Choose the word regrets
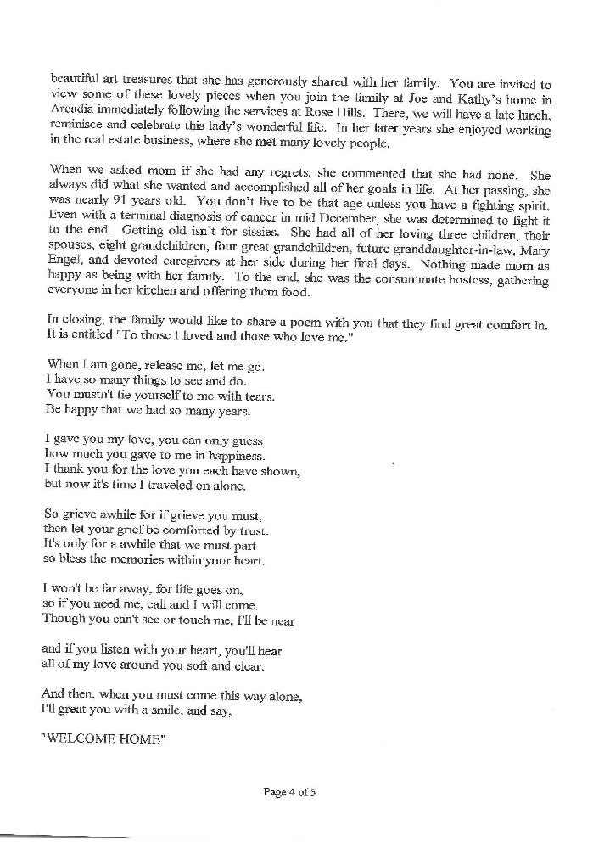point(245,172)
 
